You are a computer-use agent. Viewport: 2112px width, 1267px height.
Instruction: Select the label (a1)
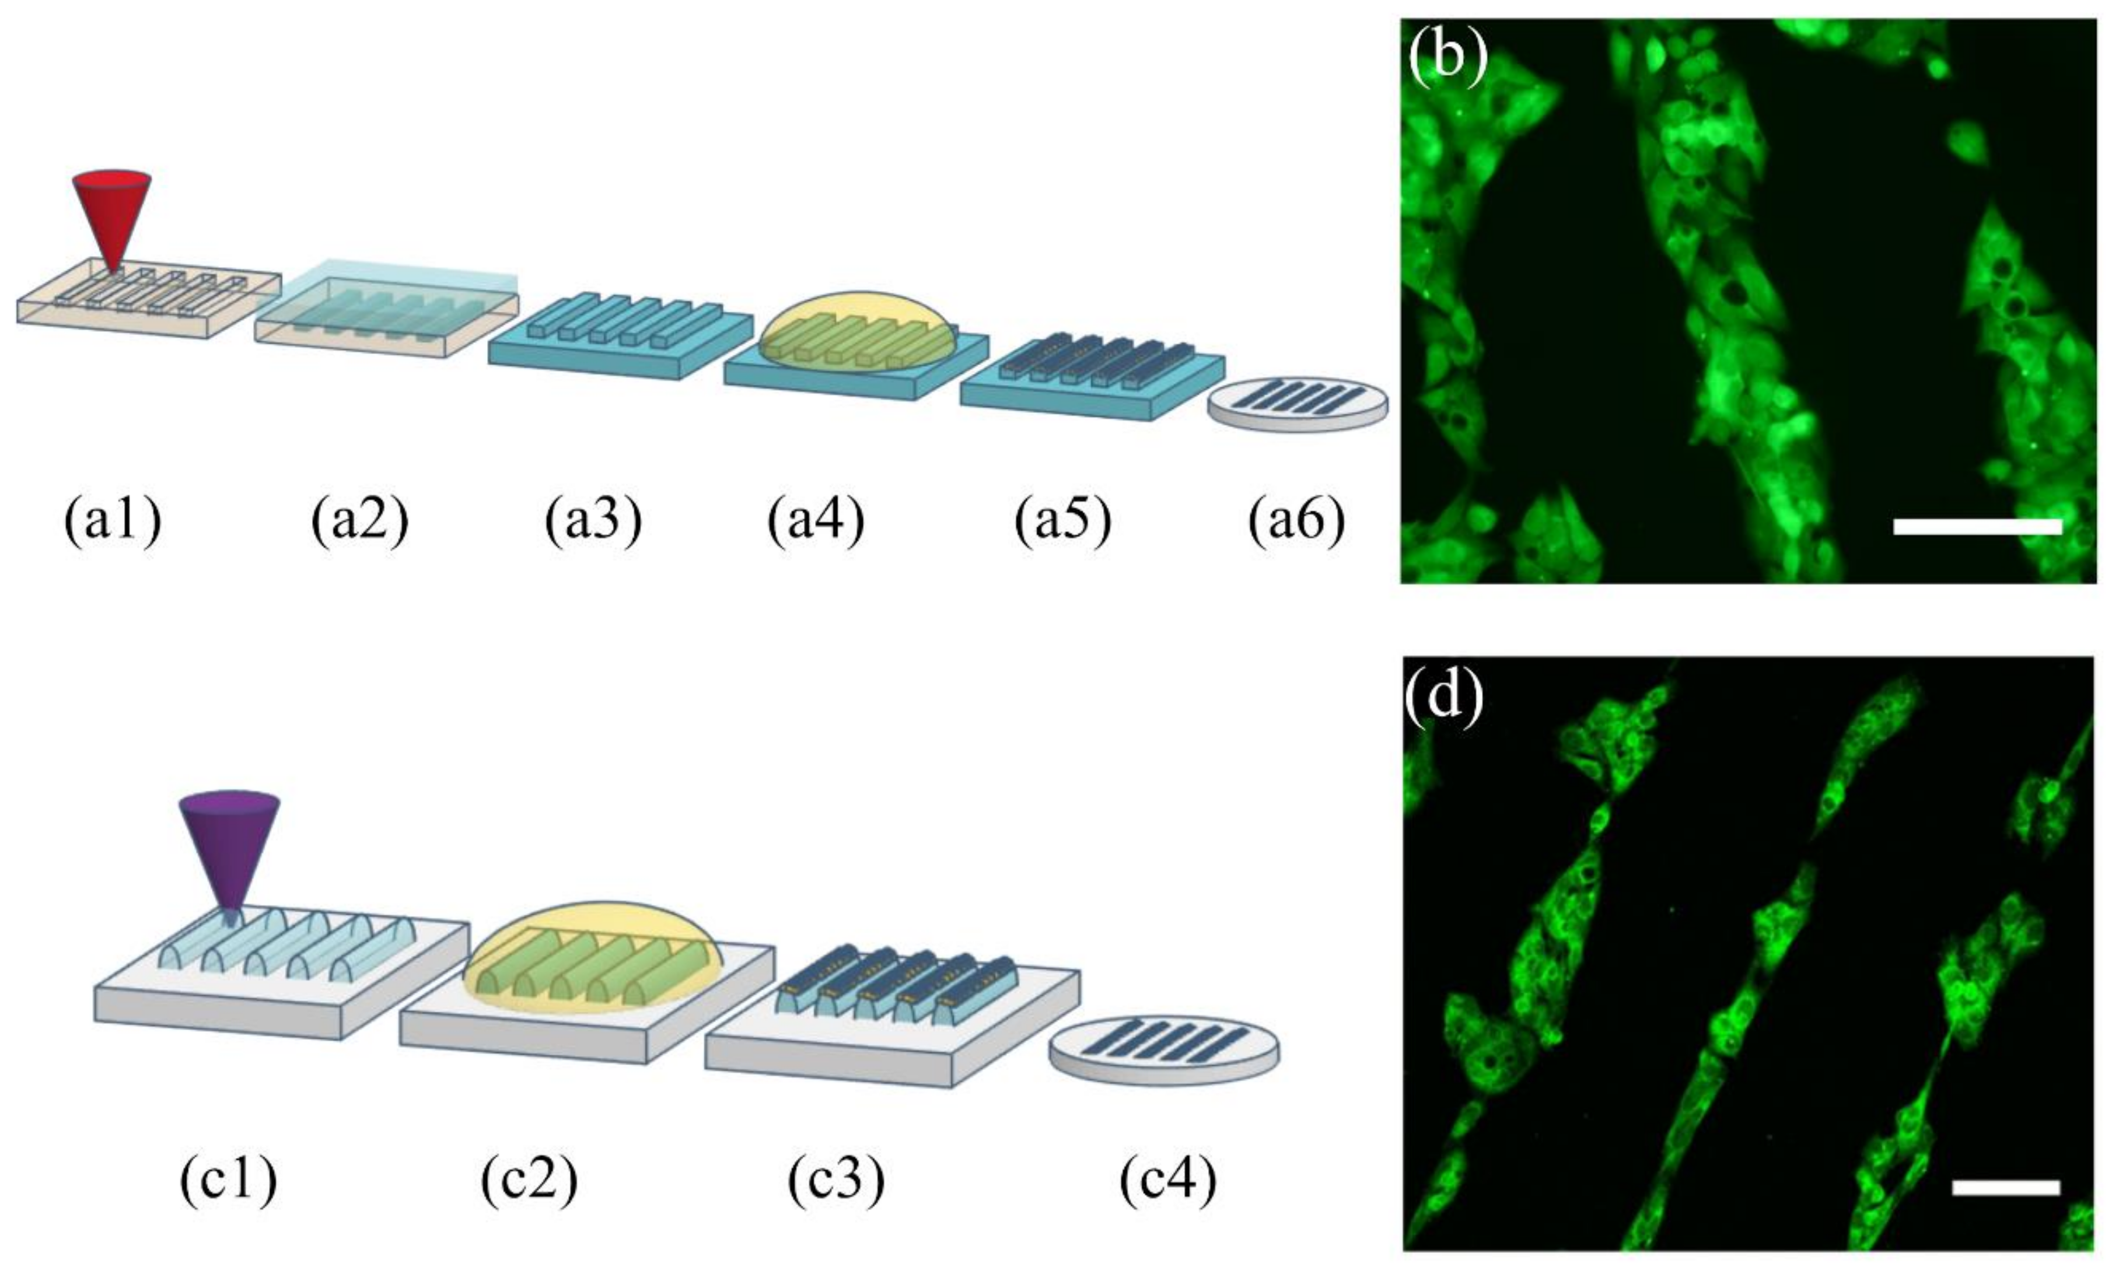click(x=113, y=523)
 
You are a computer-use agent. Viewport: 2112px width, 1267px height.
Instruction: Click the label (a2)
click(x=359, y=523)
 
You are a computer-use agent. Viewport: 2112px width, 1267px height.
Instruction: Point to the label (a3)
click(x=593, y=523)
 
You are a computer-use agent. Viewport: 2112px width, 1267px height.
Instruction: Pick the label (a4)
click(x=815, y=523)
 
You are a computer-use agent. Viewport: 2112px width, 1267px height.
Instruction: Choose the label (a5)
click(x=1063, y=523)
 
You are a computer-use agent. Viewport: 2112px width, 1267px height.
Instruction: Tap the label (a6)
click(x=1296, y=523)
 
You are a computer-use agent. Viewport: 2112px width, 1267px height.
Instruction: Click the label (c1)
click(x=228, y=1181)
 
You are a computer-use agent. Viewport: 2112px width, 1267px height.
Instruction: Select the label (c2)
click(x=529, y=1181)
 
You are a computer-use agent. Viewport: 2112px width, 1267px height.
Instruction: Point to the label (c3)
click(x=835, y=1181)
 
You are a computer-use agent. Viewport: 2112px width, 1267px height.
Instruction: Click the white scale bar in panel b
click(x=1977, y=527)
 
